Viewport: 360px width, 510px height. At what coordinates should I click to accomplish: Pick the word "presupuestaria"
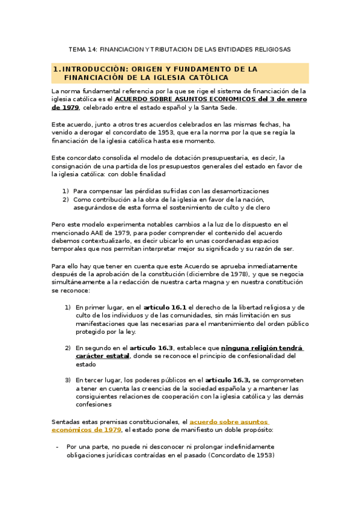222,158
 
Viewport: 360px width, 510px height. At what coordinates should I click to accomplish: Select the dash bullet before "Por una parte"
56,447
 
